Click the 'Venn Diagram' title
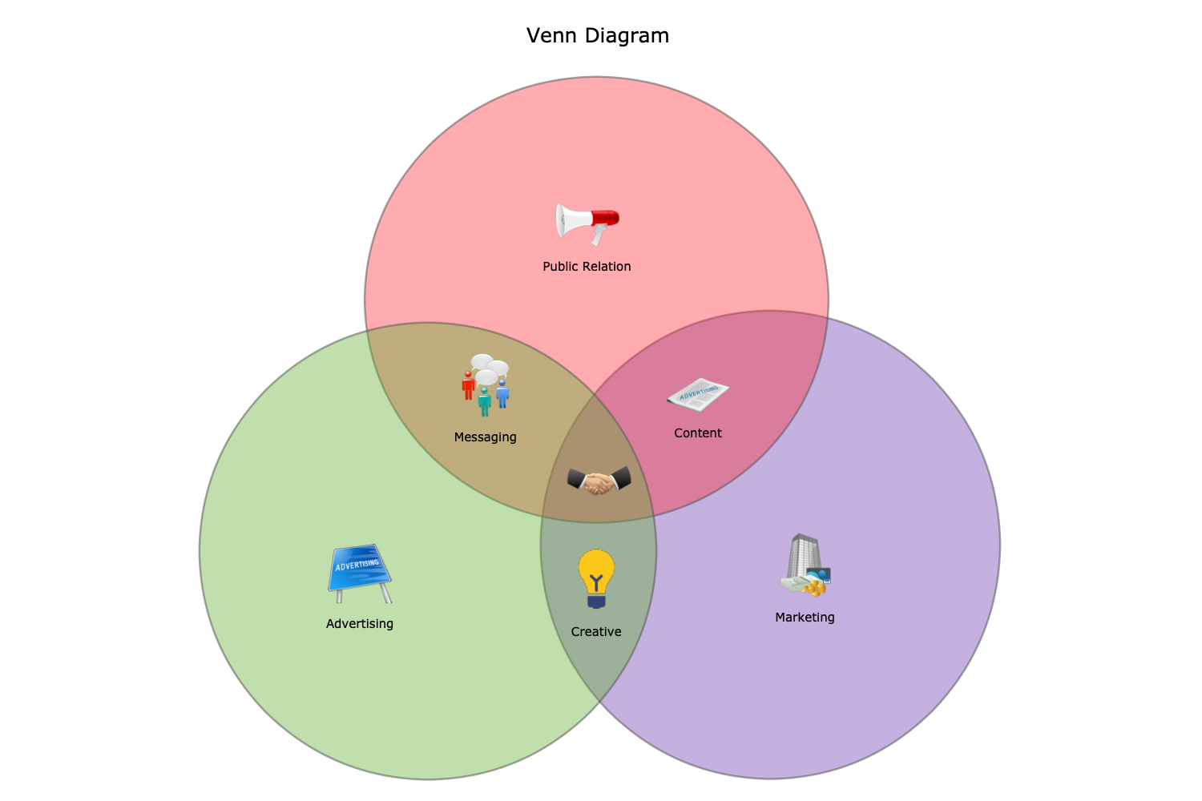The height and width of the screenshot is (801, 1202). point(598,36)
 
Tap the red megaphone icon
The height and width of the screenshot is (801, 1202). point(587,222)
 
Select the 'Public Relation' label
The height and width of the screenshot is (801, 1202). point(587,267)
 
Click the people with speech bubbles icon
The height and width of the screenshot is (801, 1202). point(486,384)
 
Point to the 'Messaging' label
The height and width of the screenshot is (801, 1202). point(485,437)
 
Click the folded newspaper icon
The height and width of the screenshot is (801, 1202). point(698,394)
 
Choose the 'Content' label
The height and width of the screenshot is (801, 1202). point(698,433)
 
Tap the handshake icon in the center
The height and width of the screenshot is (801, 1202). point(599,481)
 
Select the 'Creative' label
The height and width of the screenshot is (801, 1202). point(596,632)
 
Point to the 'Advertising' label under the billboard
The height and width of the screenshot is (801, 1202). point(360,624)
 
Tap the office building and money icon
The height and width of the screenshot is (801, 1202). point(805,566)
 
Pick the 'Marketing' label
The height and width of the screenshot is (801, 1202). point(805,618)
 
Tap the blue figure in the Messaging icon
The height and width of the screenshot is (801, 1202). point(502,394)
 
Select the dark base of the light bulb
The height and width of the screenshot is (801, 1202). point(596,601)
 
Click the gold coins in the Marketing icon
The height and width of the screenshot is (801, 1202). point(815,589)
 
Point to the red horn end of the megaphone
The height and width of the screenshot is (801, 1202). point(606,218)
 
